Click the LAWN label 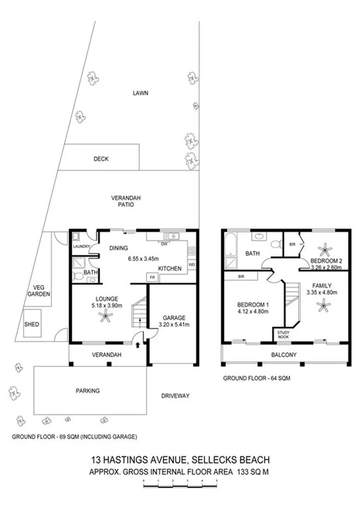click(x=140, y=93)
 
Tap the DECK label click(x=100, y=159)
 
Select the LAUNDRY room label click(x=82, y=247)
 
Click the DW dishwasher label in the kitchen click(x=165, y=245)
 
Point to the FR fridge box click(x=152, y=278)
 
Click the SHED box click(x=32, y=324)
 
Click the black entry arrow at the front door click(x=138, y=348)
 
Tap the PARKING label click(x=87, y=391)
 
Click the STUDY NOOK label click(x=283, y=334)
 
